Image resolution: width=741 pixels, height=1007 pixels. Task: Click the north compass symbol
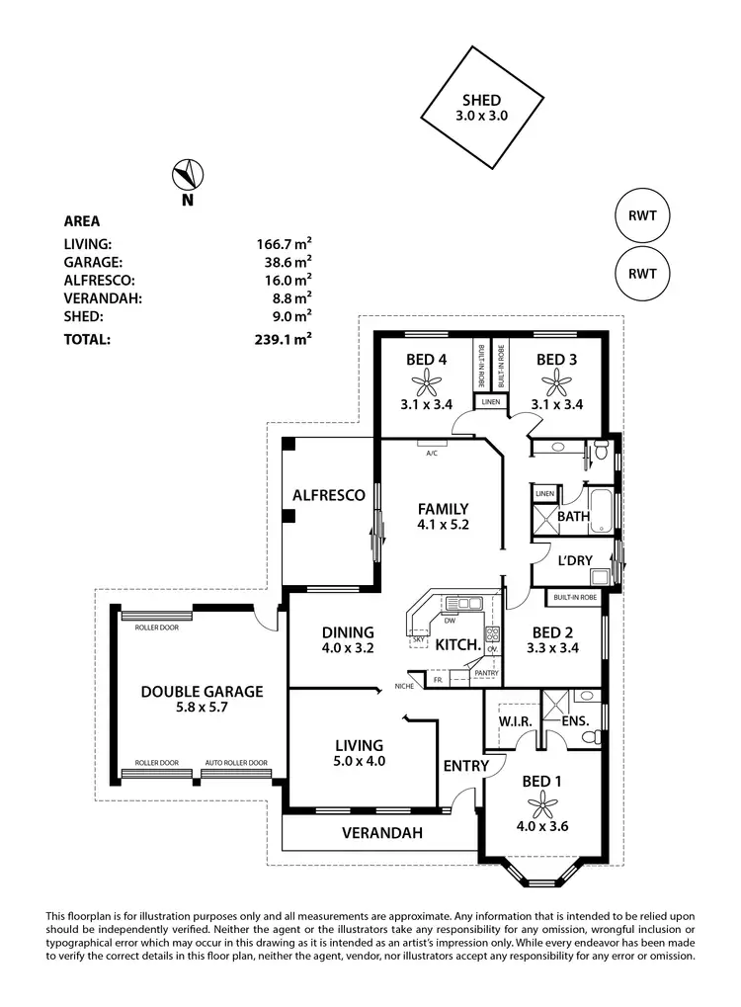point(187,175)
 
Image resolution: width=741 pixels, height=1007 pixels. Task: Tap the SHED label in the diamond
point(481,100)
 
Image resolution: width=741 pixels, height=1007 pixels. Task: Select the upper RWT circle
point(642,215)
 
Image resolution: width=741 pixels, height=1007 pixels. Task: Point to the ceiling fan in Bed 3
point(557,380)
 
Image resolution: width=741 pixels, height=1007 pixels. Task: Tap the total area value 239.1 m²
point(284,338)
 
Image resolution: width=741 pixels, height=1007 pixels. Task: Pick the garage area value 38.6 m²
point(284,262)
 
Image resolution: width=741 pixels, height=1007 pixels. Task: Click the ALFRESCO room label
point(329,494)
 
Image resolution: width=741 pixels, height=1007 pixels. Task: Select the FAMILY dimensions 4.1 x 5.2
point(442,526)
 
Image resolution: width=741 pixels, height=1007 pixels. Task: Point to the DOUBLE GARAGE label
point(202,692)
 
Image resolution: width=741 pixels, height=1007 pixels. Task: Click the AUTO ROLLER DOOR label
point(236,763)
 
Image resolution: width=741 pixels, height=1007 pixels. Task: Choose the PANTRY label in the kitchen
point(485,673)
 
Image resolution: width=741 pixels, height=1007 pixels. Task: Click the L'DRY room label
point(574,560)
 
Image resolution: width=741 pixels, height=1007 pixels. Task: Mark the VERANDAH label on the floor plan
point(382,833)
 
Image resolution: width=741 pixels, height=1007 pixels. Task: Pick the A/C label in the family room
point(432,454)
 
